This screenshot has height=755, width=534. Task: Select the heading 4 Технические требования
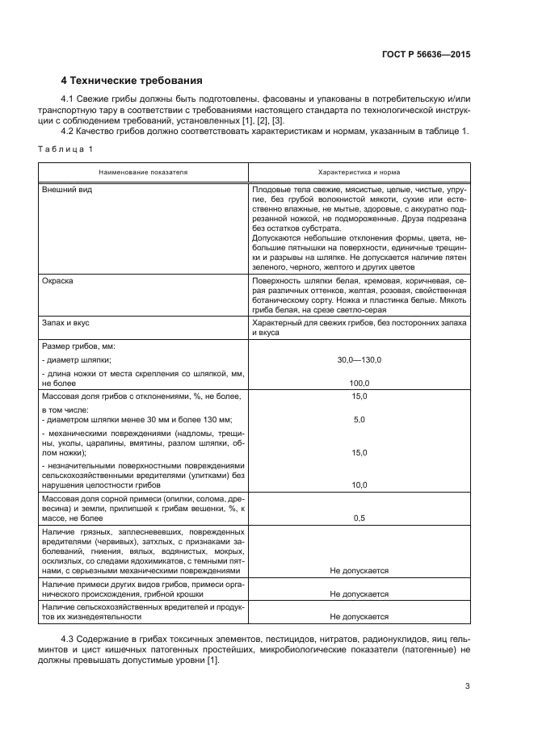click(132, 81)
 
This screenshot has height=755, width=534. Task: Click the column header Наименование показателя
click(143, 173)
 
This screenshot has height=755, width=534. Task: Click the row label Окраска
click(57, 280)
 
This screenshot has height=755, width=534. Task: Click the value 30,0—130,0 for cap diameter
click(360, 359)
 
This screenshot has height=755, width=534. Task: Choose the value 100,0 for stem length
click(360, 383)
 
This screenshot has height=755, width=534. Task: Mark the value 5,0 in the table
click(360, 420)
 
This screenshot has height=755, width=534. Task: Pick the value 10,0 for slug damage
click(360, 485)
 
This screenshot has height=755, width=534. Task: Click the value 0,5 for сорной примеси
click(360, 518)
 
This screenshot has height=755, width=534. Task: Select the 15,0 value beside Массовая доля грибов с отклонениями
click(360, 396)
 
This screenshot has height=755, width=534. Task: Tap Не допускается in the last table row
click(360, 616)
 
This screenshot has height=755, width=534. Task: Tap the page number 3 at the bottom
click(467, 686)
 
